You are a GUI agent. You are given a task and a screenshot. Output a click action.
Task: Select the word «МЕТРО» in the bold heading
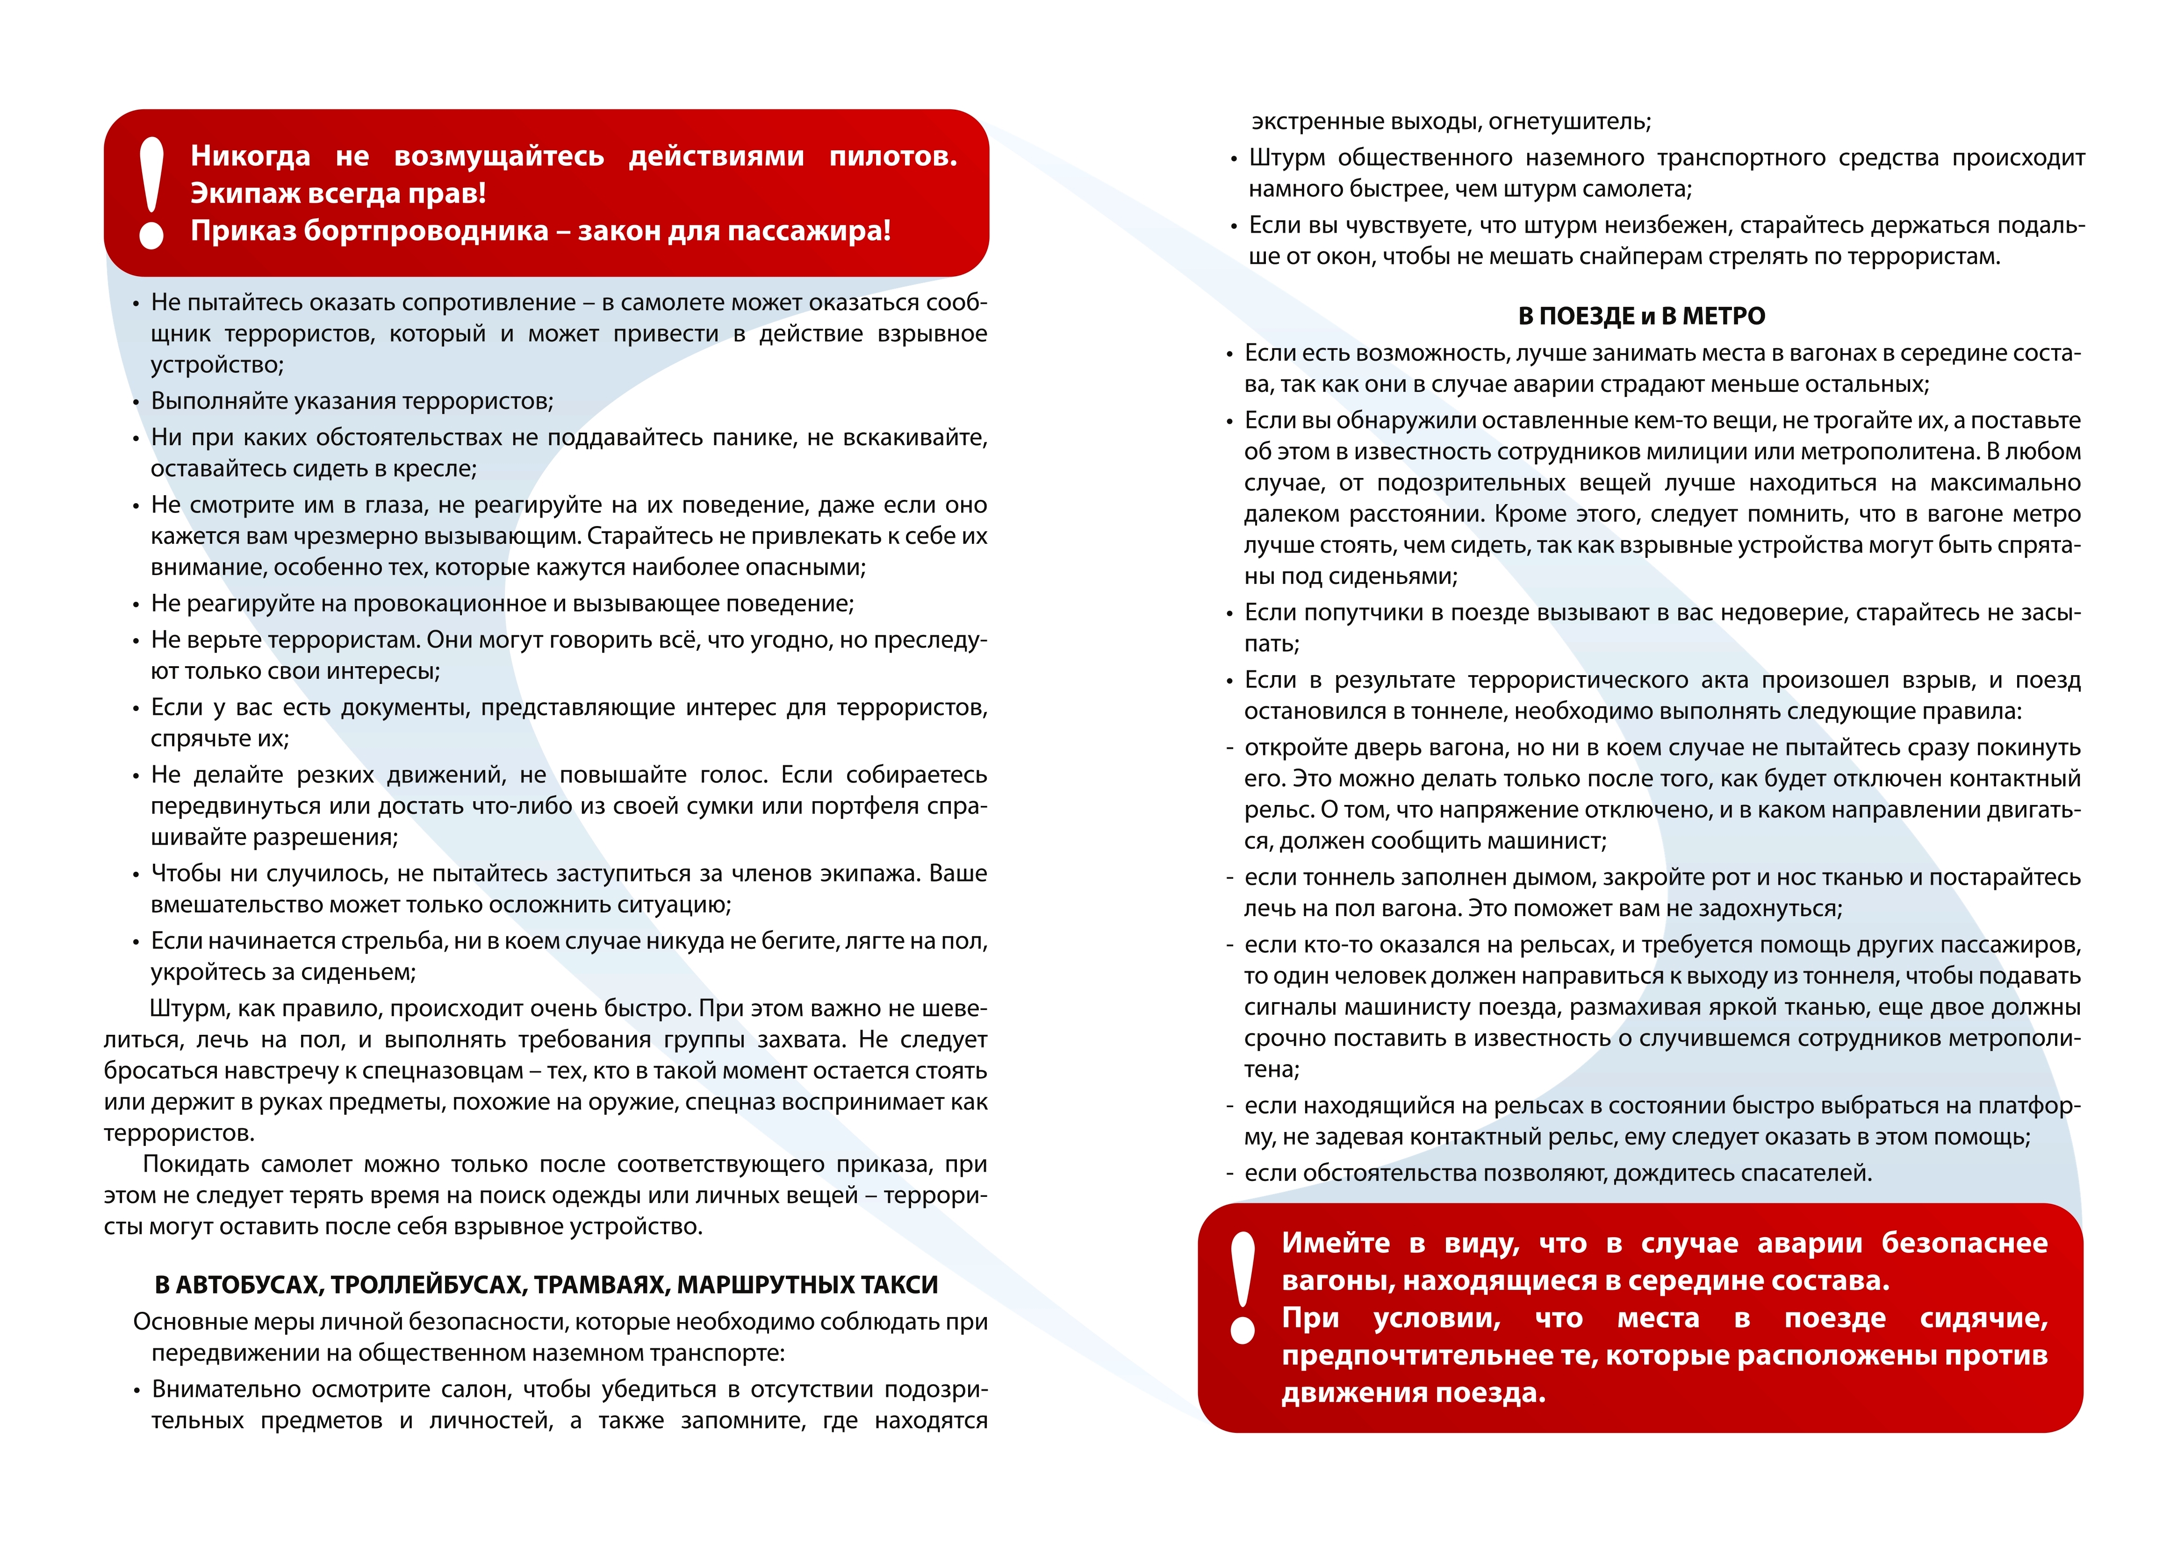pos(1724,317)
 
